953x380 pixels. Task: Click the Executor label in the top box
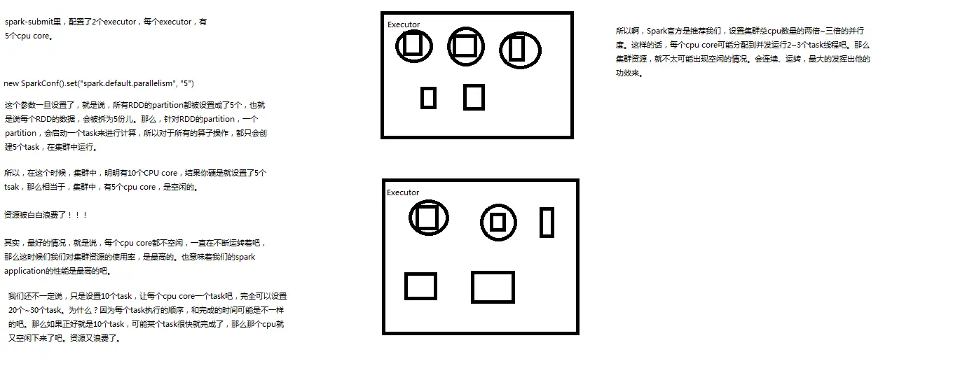404,24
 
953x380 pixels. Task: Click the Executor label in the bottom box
403,192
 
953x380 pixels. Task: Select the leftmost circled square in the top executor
396,47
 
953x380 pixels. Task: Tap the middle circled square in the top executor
448,47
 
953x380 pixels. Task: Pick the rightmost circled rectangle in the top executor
500,50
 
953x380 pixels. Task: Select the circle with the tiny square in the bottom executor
481,223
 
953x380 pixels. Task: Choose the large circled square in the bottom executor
410,218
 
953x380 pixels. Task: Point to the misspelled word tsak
11,187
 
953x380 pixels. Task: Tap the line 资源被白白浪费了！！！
46,215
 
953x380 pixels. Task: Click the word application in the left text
25,272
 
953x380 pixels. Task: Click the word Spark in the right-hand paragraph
657,31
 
